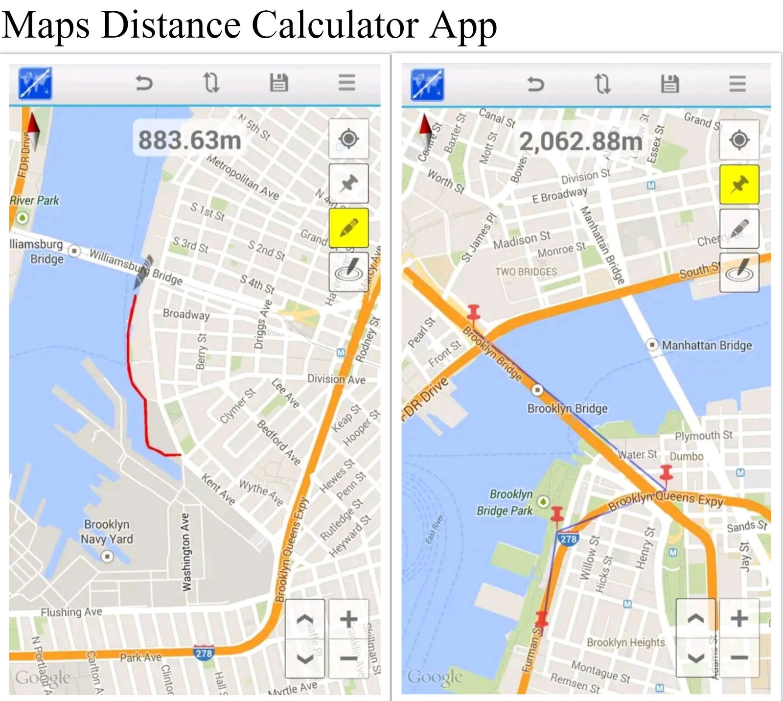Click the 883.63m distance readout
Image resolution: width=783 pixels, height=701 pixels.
[x=190, y=140]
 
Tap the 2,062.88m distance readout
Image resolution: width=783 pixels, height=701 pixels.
[x=580, y=141]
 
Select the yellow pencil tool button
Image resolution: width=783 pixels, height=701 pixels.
[x=348, y=228]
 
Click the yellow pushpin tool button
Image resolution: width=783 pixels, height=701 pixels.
[x=739, y=185]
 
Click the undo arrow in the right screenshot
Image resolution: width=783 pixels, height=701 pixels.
[x=535, y=84]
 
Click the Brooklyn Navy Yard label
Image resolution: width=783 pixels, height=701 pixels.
[x=107, y=532]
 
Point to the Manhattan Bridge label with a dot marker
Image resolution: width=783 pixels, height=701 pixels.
[x=706, y=345]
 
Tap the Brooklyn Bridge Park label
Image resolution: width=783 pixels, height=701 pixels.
[x=505, y=502]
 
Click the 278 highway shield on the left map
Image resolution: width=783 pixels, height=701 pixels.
[x=204, y=653]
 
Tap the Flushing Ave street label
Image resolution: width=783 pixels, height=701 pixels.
[x=71, y=612]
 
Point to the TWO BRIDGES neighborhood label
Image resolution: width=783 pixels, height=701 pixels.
[x=526, y=272]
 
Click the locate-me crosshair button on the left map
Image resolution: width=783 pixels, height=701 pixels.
[x=348, y=139]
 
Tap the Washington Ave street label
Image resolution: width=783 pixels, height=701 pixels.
[x=186, y=552]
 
